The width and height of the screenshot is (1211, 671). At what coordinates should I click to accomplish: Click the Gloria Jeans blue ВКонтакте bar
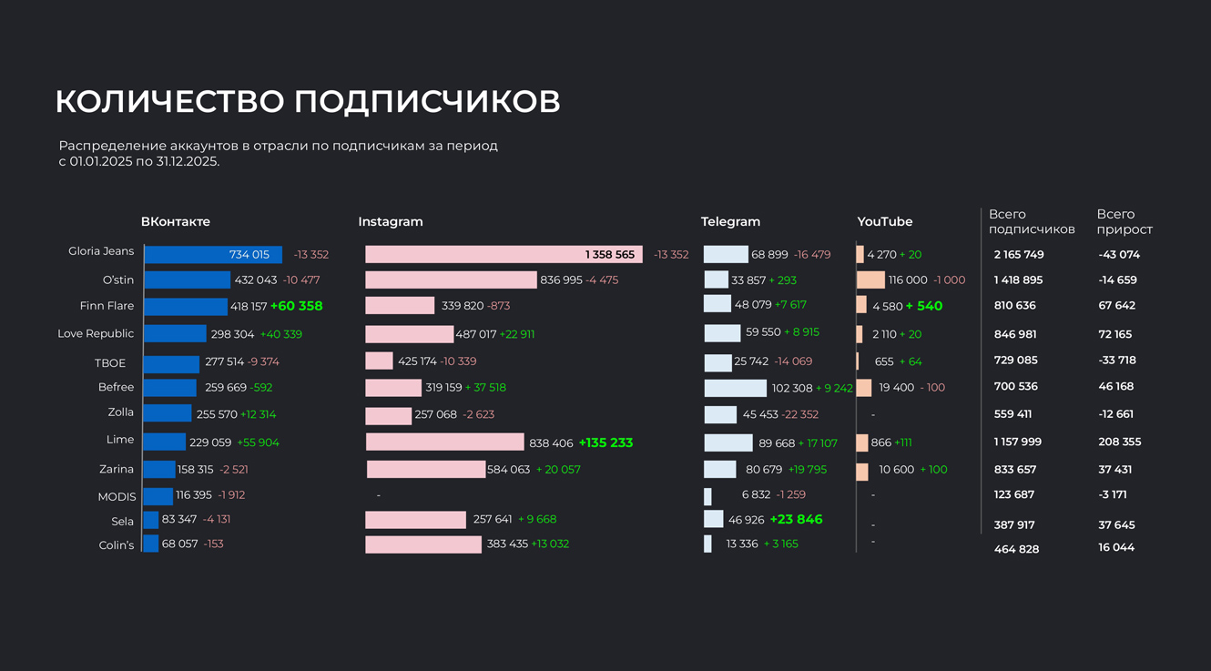[213, 255]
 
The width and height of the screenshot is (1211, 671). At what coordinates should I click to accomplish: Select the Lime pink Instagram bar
[444, 442]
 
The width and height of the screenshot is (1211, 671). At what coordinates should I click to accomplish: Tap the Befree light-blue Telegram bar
[735, 388]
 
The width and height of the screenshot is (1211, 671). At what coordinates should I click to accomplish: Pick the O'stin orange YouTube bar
[870, 280]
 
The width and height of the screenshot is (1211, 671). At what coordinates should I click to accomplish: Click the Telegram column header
[730, 221]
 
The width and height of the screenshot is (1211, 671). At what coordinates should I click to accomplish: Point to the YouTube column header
[884, 221]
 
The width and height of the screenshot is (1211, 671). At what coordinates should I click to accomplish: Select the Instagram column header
[391, 221]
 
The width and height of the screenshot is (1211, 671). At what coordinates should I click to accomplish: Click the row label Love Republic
[96, 333]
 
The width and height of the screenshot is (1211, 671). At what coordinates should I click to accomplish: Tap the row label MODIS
[117, 496]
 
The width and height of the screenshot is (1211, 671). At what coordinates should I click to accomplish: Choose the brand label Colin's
[117, 545]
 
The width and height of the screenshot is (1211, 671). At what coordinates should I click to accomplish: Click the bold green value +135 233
[605, 442]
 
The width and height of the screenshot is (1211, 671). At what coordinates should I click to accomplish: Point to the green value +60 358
[297, 306]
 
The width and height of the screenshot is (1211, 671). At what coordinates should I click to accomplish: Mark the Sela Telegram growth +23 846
[796, 519]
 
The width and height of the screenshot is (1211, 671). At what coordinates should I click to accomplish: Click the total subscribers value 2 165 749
[1019, 255]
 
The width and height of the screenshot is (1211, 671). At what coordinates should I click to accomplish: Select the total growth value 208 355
[1119, 442]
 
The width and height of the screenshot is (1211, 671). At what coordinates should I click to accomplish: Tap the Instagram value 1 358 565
[609, 255]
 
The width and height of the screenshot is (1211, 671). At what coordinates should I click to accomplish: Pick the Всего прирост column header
[1124, 221]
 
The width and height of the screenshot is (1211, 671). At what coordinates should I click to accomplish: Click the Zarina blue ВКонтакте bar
[159, 470]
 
